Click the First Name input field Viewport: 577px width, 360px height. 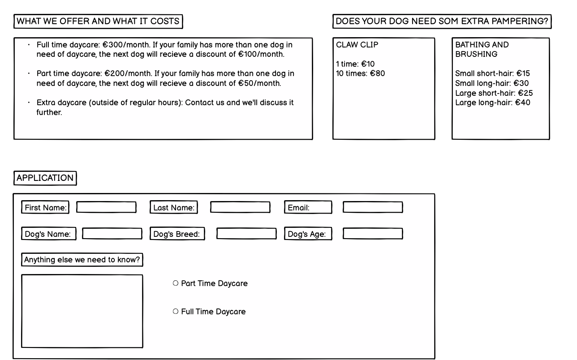106,207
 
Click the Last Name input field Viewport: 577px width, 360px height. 240,207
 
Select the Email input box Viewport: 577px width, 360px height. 373,207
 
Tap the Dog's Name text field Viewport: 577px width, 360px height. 112,234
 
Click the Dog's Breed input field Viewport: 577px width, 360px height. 246,234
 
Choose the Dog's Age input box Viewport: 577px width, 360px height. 373,234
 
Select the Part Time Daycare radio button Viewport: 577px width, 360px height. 176,283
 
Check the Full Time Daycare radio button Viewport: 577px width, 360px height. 176,312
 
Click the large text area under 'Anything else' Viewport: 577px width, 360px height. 82,311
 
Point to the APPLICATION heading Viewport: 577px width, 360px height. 45,178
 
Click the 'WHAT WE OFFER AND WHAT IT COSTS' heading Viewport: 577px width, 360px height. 98,21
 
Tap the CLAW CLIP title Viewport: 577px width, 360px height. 357,45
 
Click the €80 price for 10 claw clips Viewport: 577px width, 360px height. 377,73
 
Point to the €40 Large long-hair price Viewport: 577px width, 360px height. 522,103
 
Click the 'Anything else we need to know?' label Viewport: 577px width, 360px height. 82,260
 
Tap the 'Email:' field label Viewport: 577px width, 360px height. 299,208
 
